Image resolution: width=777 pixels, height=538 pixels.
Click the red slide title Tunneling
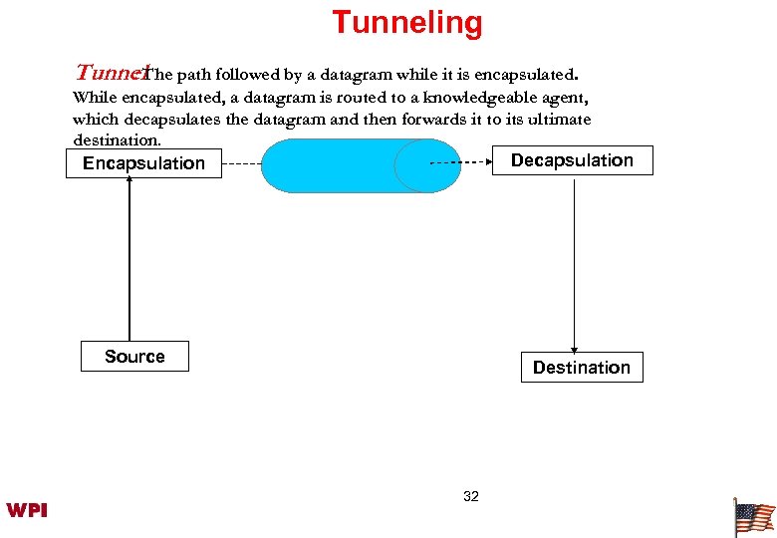[406, 22]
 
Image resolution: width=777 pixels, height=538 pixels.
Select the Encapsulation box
[143, 163]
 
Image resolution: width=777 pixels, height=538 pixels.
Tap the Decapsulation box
[572, 160]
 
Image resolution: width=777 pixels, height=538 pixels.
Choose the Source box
[134, 357]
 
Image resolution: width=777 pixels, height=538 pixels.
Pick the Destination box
[581, 368]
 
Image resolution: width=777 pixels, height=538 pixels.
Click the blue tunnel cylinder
[349, 165]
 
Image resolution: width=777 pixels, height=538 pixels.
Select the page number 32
[471, 496]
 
